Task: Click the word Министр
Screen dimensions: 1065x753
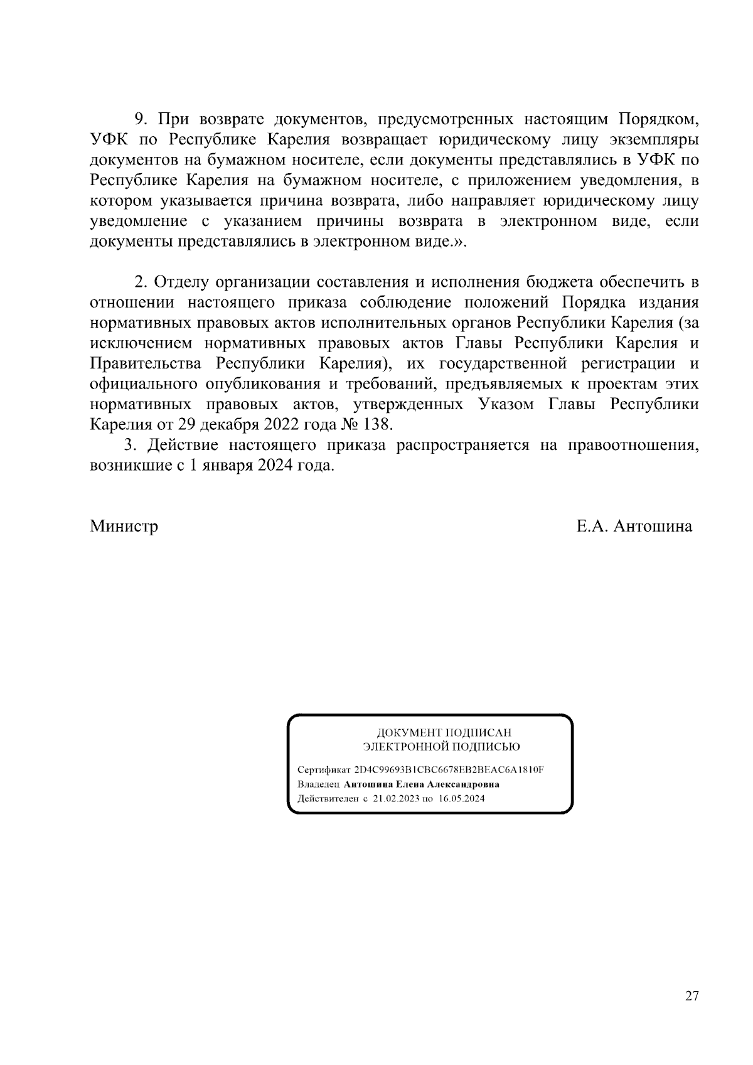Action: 124,526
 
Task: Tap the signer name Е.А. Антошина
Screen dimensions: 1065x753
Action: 634,526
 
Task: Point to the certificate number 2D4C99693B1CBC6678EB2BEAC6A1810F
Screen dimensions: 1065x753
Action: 449,770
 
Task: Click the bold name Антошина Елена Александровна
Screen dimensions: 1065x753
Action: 422,784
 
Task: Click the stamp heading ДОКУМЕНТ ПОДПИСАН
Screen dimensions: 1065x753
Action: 444,732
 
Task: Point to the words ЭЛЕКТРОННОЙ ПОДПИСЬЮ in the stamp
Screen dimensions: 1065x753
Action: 442,747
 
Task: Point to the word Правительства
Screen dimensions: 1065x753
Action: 146,364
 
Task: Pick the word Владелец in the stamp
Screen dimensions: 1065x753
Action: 319,784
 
